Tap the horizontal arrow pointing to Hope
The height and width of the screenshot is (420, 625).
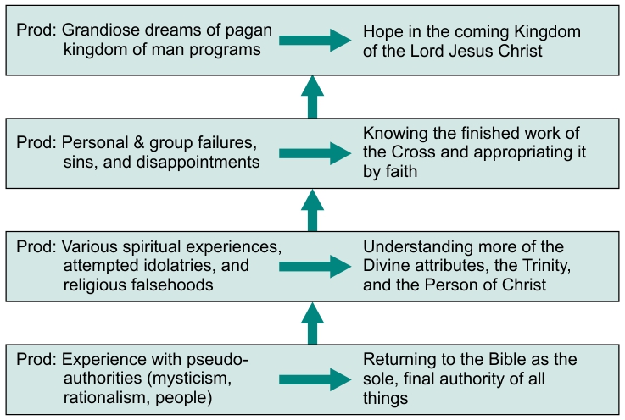point(315,40)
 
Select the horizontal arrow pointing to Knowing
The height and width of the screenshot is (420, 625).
point(315,153)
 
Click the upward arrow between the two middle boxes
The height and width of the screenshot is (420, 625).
point(312,210)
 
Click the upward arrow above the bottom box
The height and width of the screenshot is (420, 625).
point(312,323)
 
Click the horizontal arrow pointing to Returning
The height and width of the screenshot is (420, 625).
point(315,379)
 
